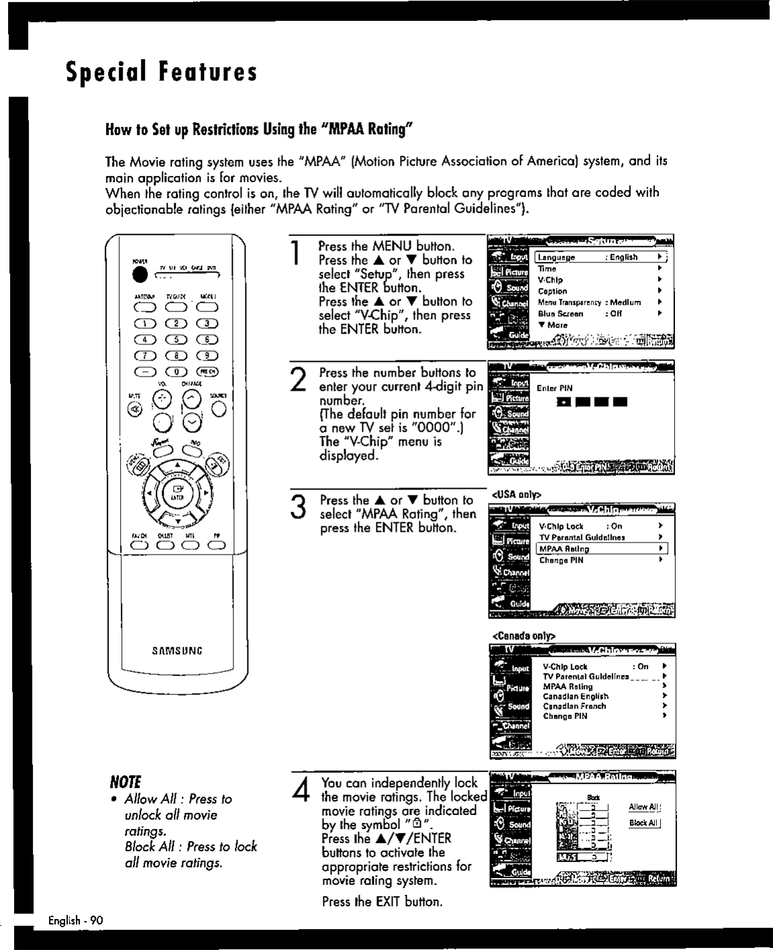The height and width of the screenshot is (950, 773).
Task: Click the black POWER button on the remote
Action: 140,275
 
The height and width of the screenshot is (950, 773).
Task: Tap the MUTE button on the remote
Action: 134,410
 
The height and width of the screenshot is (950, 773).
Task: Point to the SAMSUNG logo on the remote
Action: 177,651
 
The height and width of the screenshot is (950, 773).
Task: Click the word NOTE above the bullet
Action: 125,782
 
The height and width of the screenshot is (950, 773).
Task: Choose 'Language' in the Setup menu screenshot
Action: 557,258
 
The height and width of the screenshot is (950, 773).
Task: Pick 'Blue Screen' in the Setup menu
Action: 560,314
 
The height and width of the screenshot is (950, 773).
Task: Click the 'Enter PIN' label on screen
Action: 554,388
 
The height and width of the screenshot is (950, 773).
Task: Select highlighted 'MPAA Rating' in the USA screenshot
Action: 564,549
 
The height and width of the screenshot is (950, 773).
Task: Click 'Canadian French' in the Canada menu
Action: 574,706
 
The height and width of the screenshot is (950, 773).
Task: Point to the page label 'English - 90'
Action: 75,920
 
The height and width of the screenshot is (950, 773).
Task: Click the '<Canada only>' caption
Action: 524,635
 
